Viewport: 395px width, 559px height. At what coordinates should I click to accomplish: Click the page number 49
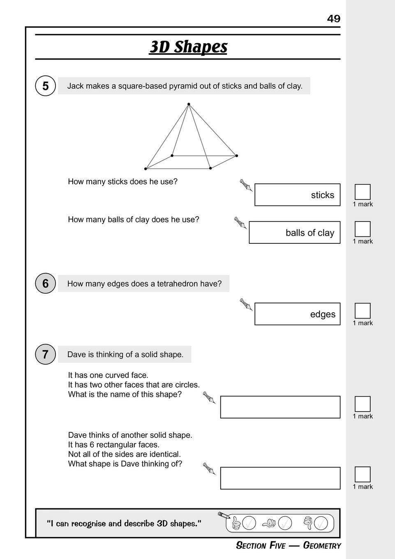[333, 19]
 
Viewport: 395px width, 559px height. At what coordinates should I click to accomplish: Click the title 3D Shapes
[188, 47]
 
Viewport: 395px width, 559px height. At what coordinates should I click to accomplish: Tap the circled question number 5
[45, 86]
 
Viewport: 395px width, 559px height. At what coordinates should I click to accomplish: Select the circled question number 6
[45, 284]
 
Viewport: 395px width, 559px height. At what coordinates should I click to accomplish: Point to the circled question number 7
[45, 354]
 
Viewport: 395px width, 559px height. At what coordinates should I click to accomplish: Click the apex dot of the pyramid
[189, 104]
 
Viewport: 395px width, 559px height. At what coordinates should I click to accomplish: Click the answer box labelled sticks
[297, 195]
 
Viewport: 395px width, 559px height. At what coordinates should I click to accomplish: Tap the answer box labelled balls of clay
[294, 233]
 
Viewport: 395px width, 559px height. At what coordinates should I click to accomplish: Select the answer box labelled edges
[297, 314]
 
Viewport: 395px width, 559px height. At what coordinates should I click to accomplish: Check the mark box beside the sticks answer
[363, 192]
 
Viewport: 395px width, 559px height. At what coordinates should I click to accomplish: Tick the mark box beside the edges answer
[363, 311]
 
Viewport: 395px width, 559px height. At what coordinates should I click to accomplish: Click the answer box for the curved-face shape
[280, 407]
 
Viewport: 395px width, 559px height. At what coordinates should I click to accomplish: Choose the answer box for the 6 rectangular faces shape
[280, 478]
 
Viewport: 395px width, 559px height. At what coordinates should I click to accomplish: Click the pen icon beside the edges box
[246, 305]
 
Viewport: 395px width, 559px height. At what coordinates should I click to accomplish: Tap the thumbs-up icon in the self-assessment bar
[236, 523]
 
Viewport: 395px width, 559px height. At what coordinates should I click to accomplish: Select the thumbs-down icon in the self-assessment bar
[308, 523]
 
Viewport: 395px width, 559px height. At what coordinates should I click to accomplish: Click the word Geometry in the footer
[322, 545]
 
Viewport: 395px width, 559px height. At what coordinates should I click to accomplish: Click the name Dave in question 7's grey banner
[76, 354]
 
